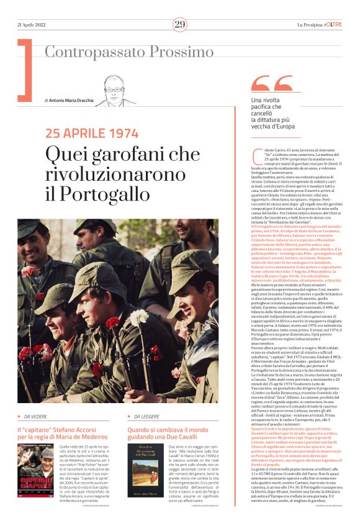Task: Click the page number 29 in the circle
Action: point(179,24)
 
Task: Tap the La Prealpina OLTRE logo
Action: point(319,24)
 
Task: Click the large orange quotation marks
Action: point(272,84)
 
